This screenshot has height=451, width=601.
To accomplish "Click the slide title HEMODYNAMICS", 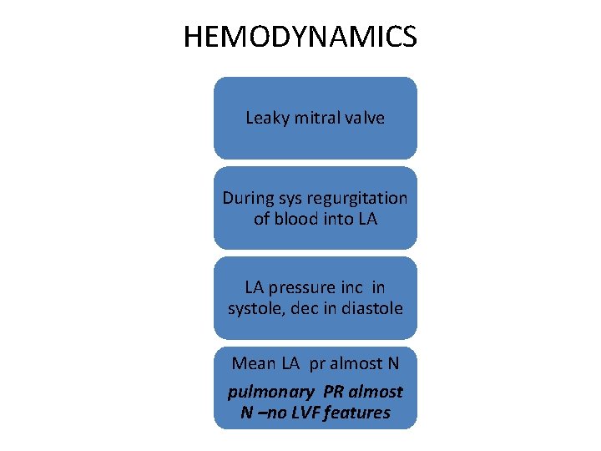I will click(300, 37).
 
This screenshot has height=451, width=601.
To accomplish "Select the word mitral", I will click(314, 118).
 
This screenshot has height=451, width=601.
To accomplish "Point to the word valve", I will click(364, 118).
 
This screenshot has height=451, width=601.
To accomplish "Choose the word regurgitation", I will click(358, 199).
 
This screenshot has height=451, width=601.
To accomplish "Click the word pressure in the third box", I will click(304, 288).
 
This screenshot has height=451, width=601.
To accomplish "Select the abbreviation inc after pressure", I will click(352, 288).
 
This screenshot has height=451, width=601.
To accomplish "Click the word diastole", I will click(371, 308).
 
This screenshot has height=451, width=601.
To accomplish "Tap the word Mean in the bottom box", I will click(252, 363).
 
